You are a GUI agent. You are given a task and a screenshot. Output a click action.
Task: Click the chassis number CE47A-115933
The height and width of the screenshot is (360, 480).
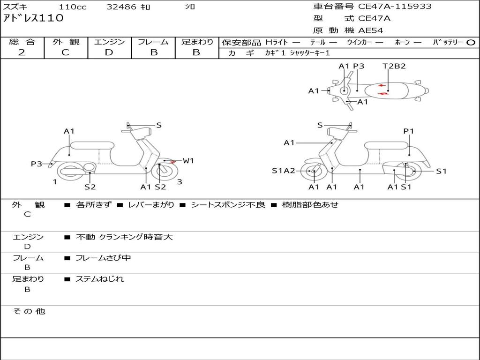point(395,7)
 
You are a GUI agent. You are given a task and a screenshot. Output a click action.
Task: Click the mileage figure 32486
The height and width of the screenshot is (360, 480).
point(121,7)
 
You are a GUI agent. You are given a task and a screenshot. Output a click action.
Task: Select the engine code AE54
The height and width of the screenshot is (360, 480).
point(371,30)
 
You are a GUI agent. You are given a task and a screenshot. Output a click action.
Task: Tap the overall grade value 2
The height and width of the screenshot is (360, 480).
point(22,52)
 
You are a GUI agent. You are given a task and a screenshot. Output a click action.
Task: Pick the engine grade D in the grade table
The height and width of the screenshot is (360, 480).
point(109,52)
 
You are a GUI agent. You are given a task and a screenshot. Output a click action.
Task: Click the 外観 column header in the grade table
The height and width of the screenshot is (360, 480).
point(66,42)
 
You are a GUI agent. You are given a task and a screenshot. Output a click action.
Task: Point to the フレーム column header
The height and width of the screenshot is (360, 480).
point(153,42)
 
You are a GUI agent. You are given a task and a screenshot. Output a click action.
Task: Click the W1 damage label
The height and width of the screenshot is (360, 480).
point(188,161)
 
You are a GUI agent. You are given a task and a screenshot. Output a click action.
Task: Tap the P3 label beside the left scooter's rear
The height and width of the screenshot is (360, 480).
point(37,164)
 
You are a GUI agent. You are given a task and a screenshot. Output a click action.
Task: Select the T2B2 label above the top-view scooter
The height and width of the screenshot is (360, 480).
point(394,66)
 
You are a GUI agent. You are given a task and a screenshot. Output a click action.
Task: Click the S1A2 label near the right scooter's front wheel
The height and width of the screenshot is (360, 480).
point(284,171)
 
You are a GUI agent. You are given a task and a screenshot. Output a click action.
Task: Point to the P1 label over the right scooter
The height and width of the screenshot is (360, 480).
point(409,131)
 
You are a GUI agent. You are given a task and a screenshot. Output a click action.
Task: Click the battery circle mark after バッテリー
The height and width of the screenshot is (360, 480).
point(471,42)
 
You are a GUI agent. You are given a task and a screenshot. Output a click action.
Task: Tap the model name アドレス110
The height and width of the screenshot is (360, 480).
point(33,18)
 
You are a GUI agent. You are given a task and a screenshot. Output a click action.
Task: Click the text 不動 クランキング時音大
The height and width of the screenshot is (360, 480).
point(124,237)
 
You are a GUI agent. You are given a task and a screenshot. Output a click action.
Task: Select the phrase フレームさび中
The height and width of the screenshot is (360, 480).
point(103,258)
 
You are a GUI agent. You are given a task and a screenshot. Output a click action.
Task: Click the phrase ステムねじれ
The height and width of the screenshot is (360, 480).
point(100,279)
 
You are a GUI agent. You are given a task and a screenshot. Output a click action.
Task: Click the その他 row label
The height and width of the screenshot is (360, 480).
point(29,311)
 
